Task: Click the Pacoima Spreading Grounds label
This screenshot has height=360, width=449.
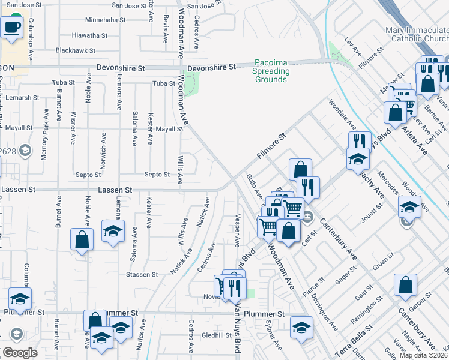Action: pos(271,71)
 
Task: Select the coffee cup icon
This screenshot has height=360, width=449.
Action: pos(12,26)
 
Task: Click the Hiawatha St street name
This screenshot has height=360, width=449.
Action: pos(89,35)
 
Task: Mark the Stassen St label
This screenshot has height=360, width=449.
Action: pos(142,274)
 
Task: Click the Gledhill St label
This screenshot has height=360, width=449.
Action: pos(217,335)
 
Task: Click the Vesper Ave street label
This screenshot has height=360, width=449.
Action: pos(238,230)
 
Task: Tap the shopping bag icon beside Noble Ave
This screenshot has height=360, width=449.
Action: pos(82,239)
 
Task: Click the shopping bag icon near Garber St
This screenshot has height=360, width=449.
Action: pos(405,286)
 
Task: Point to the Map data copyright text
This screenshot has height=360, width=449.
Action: pos(423,355)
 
